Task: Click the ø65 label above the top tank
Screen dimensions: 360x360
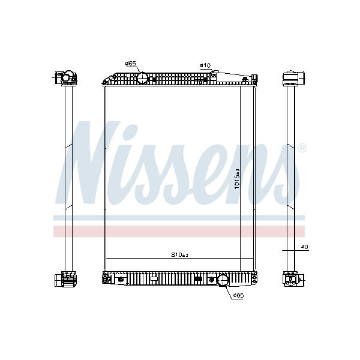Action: (x=131, y=64)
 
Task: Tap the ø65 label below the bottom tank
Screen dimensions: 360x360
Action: (x=238, y=296)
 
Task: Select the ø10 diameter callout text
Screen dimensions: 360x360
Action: (x=205, y=65)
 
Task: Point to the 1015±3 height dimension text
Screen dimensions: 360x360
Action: (x=237, y=179)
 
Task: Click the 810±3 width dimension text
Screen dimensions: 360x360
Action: (x=180, y=254)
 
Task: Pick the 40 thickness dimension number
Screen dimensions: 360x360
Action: (x=304, y=247)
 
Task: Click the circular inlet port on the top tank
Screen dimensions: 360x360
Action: (x=143, y=78)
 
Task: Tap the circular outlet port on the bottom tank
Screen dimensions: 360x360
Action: (x=223, y=280)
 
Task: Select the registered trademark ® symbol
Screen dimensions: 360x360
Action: (x=302, y=148)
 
